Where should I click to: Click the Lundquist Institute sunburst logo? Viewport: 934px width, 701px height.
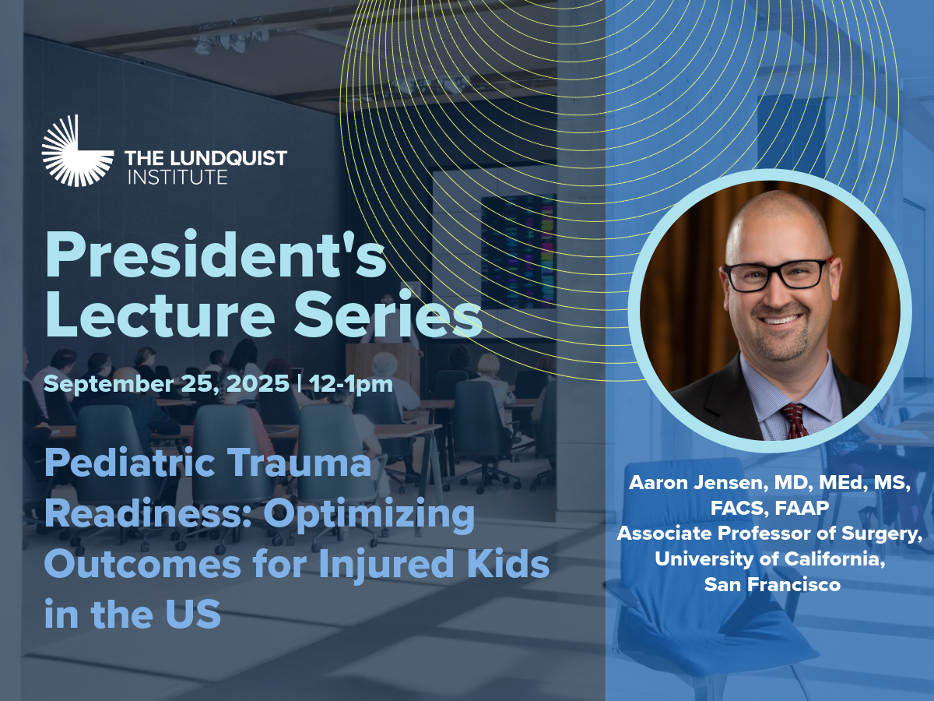coord(77,150)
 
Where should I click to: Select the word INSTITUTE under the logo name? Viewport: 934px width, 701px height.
coord(178,177)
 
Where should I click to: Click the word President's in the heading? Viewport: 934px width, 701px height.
coord(216,255)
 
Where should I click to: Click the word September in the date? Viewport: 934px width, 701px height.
coord(109,385)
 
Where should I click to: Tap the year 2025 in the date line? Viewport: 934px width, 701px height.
coord(258,383)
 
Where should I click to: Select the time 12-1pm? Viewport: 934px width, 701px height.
coord(351,384)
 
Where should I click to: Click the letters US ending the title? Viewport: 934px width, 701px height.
coord(193,614)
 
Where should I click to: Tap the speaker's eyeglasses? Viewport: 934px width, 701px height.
coord(778,274)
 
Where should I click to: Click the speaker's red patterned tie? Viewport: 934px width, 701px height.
coord(794,421)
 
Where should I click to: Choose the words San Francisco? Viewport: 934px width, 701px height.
coord(772,584)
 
